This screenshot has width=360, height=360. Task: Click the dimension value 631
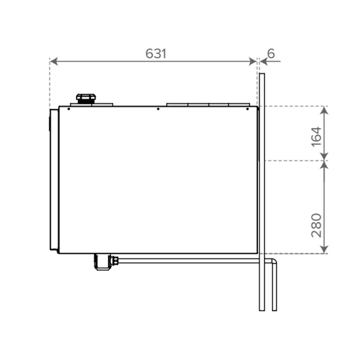pos(155,53)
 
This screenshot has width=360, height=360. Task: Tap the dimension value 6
pos(271,53)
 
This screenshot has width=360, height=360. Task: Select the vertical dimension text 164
pos(316,133)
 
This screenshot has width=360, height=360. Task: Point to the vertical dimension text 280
pos(316,224)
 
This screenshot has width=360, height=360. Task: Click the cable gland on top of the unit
pos(84,99)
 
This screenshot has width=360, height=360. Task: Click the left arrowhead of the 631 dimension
pos(53,61)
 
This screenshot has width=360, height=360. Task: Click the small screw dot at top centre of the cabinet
pos(157,109)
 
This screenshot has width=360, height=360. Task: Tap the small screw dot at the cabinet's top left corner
pos(70,109)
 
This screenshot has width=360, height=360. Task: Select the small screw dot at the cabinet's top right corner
pos(248,109)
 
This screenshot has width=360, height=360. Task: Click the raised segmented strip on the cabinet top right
pos(207,104)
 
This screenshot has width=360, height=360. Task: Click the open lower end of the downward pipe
pos(275,310)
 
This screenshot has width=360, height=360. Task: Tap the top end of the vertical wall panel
pos(261,74)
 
